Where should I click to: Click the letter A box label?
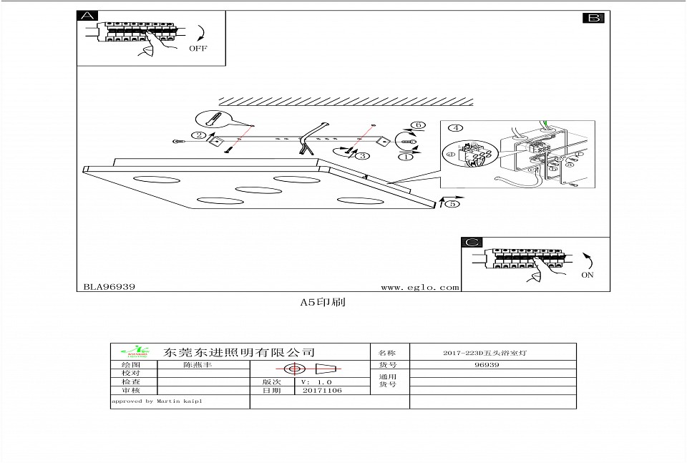point(87,17)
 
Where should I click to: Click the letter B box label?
point(593,18)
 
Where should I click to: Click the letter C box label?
point(472,243)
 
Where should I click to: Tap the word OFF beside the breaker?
point(198,49)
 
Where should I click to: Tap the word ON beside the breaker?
point(588,275)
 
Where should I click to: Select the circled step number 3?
point(364,155)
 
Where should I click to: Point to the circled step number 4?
point(454,129)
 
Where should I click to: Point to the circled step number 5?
point(451,204)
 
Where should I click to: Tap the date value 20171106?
point(322,391)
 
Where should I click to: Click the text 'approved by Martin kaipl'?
point(156,401)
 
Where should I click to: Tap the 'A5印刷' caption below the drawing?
point(322,302)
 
